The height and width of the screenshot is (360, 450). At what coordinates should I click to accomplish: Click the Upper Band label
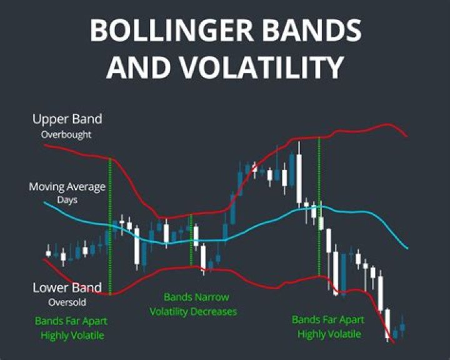coord(67,119)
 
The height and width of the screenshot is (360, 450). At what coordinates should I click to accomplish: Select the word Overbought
coord(67,134)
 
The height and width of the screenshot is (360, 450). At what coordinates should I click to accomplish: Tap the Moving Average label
coord(67,187)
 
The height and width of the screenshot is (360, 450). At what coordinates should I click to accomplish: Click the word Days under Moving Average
coord(67,200)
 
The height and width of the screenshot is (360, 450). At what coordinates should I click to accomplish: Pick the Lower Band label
coord(67,288)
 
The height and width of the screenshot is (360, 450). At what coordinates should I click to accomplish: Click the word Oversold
coord(67,302)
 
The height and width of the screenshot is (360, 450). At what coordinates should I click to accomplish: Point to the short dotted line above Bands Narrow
coord(191,241)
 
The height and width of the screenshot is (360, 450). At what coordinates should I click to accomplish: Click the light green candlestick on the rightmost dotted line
coord(320,222)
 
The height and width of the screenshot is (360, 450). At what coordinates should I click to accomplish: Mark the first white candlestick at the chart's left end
coord(48,253)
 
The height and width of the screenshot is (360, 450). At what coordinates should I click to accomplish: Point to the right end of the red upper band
coord(406,135)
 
